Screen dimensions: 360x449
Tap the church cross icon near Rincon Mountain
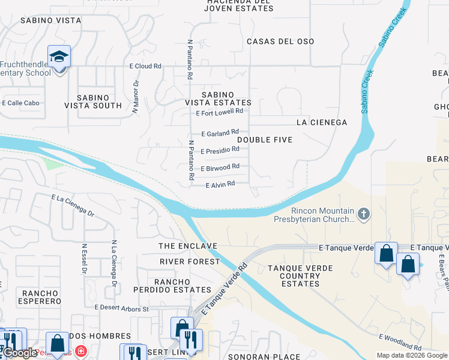coord(364,214)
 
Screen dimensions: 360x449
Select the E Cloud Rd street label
coord(145,66)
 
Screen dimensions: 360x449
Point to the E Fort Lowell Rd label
coord(220,112)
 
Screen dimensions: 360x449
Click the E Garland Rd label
coord(220,132)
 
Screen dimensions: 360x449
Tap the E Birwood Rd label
coord(220,168)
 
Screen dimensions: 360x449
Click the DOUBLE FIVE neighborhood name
coord(265,140)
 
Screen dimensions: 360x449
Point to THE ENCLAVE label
coord(187,247)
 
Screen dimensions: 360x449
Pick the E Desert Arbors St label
coord(121,308)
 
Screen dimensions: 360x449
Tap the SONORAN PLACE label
coord(265,356)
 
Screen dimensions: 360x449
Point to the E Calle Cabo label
coord(20,103)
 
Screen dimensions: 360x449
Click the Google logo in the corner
coord(20,353)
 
